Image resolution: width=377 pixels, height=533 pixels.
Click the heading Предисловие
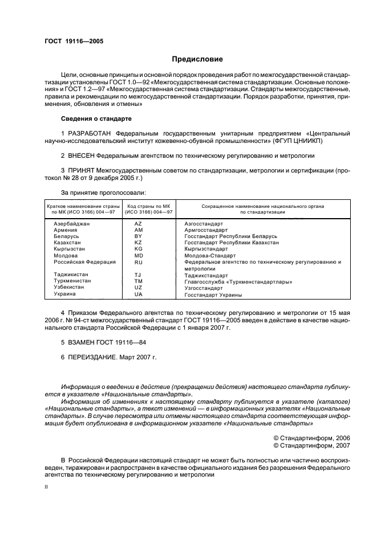tap(197, 59)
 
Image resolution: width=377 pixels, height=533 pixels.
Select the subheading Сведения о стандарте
tap(96, 118)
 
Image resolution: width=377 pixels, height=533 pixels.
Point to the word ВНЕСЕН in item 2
tap(80, 155)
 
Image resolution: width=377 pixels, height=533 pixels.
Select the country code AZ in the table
tap(138, 224)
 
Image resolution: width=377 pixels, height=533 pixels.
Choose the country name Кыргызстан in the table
tap(69, 249)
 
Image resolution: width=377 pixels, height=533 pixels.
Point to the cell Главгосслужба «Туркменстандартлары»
tap(238, 281)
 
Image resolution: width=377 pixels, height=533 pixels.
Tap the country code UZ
tap(138, 288)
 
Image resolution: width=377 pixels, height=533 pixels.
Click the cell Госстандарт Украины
tap(213, 294)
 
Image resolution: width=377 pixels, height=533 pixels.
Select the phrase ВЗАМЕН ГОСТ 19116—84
tap(106, 343)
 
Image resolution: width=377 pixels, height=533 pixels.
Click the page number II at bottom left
tap(47, 487)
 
